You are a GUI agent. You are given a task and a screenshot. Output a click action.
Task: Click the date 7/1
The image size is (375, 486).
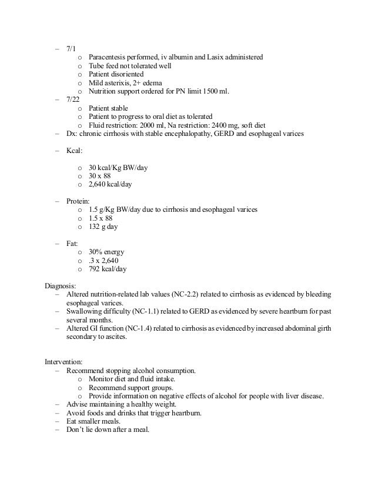click(x=71, y=49)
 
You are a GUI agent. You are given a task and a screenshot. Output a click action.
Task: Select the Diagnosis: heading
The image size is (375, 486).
click(x=63, y=286)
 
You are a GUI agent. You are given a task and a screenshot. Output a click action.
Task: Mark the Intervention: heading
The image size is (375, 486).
click(x=66, y=361)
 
